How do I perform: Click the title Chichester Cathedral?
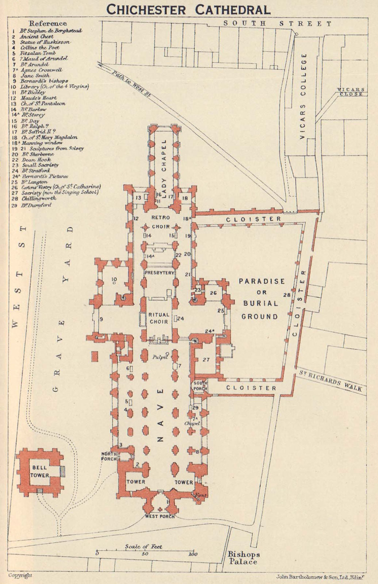[x=188, y=9]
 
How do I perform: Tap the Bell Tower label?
[x=39, y=471]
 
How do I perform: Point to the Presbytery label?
[x=160, y=273]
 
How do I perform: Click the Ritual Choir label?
[x=159, y=318]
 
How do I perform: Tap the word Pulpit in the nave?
[x=159, y=358]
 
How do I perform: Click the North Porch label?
[x=109, y=456]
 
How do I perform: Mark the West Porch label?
[x=160, y=516]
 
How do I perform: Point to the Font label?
[x=201, y=495]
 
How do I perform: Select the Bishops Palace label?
[x=243, y=558]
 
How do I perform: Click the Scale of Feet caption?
[x=143, y=546]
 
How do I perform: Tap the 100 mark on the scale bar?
[x=193, y=554]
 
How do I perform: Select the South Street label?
[x=277, y=24]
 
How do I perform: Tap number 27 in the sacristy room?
[x=206, y=360]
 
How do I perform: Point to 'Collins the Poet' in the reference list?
[x=39, y=47]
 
